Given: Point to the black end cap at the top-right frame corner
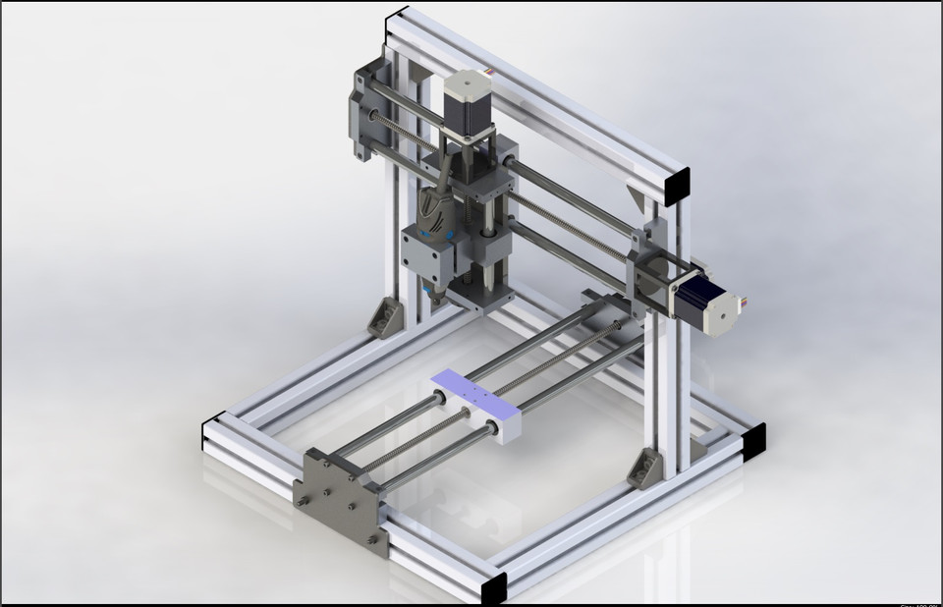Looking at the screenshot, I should (x=677, y=187).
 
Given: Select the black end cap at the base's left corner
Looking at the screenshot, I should (x=211, y=433).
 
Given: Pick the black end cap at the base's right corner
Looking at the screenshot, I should (x=752, y=441).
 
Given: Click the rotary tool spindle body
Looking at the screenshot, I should (x=432, y=211).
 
